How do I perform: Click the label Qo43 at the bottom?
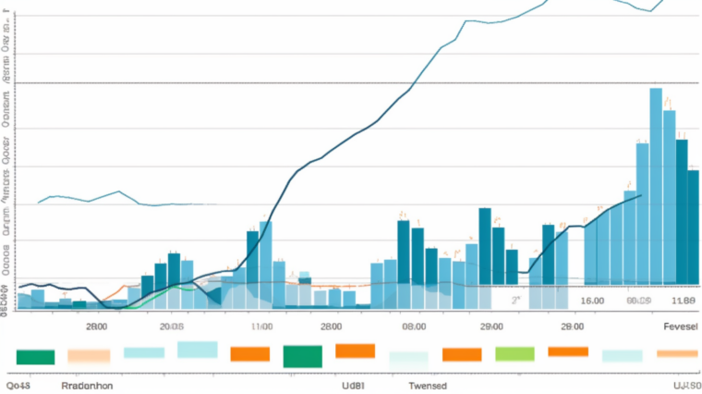coord(18,385)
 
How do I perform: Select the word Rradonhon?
coord(87,385)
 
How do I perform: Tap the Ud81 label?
coord(354,385)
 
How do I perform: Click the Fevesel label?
coord(681,326)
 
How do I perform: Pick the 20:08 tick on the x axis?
coord(172,326)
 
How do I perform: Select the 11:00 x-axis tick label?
coord(261,326)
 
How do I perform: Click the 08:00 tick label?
coord(413,326)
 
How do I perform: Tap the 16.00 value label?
coord(592,301)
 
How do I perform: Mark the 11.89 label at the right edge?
coord(684,301)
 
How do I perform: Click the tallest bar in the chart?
coord(656,185)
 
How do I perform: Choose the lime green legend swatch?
coord(515,353)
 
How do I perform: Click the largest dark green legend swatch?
coord(302,356)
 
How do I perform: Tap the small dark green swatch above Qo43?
coord(36,357)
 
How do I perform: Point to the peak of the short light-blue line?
coord(120,191)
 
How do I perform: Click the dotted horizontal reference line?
coord(351,83)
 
